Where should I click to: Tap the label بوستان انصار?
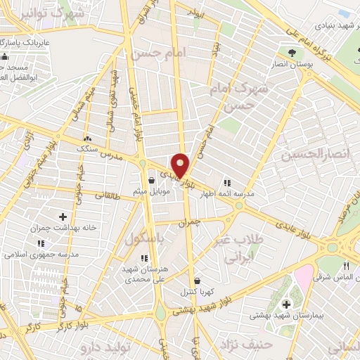click(292, 64)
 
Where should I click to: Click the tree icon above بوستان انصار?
click(292, 51)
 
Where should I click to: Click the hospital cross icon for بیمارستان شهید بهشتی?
click(286, 304)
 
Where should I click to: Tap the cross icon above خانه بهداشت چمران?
click(63, 217)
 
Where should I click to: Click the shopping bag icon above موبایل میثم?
click(152, 180)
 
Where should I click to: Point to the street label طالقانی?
click(105, 198)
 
